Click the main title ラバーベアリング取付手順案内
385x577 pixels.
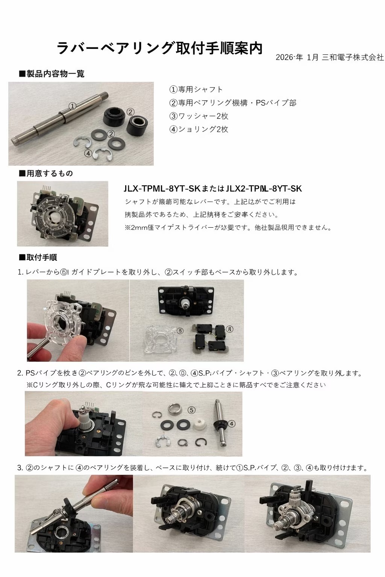tap(159, 48)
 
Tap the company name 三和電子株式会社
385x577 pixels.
tap(353, 57)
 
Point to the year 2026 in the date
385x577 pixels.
tap(284, 57)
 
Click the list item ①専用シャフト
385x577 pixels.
tap(196, 89)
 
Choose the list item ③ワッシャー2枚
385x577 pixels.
tap(199, 116)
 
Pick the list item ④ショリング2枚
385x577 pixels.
tap(199, 129)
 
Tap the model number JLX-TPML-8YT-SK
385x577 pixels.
tap(162, 189)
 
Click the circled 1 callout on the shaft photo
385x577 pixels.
tap(73, 106)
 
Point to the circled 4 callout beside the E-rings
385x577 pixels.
tap(88, 153)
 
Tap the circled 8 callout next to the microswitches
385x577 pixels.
tap(230, 329)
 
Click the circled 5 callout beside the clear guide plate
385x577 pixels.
tap(180, 331)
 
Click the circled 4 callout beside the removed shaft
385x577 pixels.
tap(232, 424)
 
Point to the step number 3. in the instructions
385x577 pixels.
tap(20, 468)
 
